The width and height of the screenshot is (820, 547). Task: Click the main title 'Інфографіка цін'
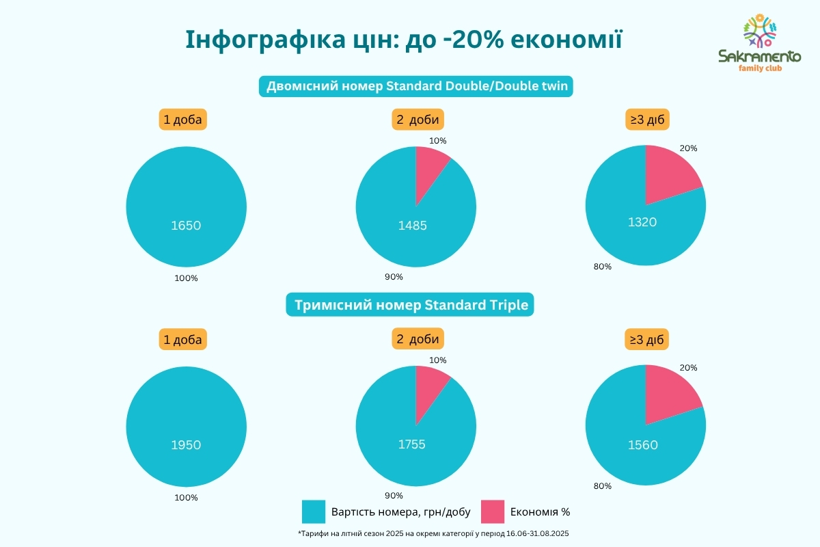404,40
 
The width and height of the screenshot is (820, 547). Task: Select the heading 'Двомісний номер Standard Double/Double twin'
415,86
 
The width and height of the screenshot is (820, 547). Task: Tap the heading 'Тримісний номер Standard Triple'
410,305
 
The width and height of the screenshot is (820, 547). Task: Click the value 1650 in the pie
186,225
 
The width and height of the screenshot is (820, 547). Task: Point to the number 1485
412,225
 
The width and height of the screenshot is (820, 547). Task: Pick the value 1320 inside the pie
642,222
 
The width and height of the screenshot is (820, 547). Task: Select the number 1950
186,444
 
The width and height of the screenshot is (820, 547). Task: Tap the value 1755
412,444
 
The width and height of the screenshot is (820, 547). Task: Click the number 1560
642,445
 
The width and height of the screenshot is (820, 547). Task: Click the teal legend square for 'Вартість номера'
314,511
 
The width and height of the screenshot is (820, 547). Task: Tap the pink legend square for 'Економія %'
493,511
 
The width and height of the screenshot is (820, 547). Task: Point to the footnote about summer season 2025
434,533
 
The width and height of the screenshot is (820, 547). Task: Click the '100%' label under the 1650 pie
186,278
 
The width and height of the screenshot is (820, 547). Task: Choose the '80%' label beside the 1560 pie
603,486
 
